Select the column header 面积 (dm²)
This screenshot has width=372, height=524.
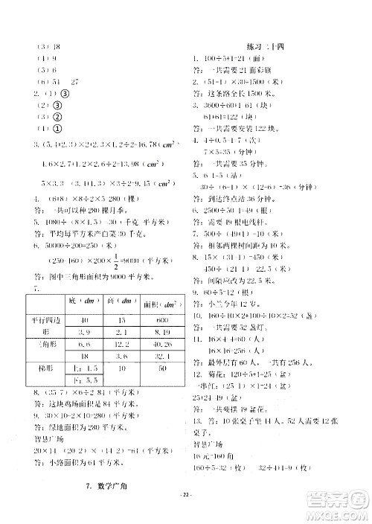click(146, 301)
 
